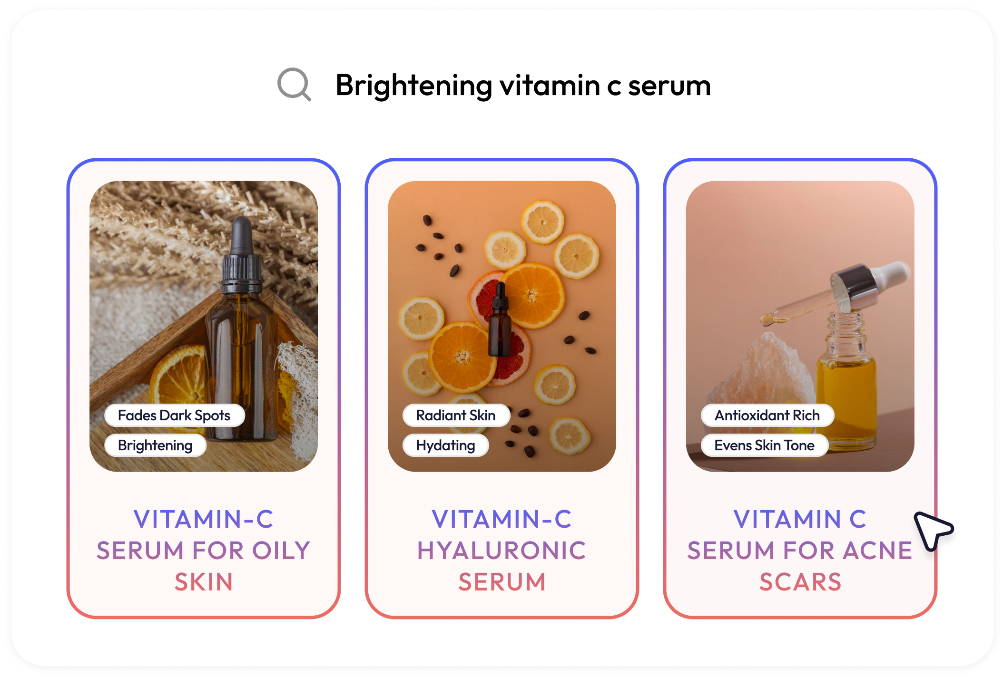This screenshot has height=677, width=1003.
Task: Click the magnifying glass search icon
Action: [294, 84]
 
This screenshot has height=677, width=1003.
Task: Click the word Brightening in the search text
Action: [413, 86]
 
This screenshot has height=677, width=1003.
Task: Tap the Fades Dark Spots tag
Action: [174, 416]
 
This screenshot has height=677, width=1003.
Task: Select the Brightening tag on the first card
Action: [155, 445]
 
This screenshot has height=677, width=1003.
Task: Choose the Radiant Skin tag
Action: [456, 416]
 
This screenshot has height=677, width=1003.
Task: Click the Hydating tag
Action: [445, 445]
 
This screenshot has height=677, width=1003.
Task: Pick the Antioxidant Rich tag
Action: [767, 416]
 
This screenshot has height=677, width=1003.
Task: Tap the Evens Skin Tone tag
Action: [764, 445]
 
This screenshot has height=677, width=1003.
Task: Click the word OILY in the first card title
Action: [281, 551]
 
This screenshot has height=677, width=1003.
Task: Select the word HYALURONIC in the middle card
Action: [501, 551]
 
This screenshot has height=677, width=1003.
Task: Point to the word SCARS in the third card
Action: [800, 582]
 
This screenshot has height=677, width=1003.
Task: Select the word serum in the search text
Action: [669, 86]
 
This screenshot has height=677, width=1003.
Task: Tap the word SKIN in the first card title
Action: [204, 582]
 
